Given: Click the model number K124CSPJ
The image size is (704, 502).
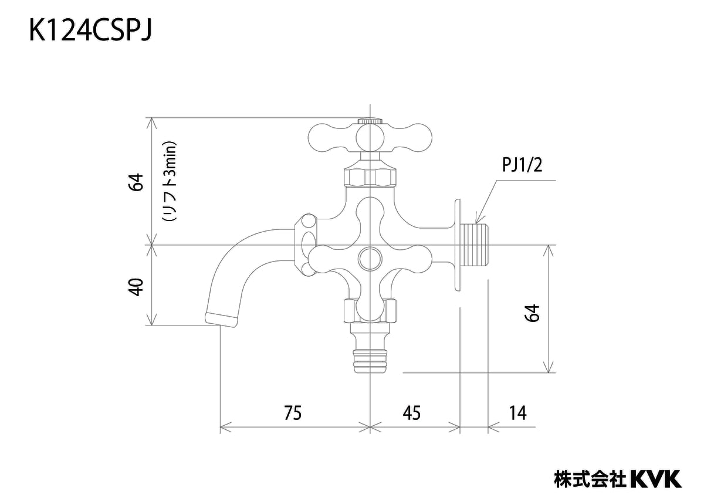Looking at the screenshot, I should tap(91, 32).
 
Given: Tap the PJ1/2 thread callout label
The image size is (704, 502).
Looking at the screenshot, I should tap(522, 166).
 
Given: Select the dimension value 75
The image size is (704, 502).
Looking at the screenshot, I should tap(292, 413).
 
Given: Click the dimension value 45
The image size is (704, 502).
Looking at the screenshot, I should tap(412, 413).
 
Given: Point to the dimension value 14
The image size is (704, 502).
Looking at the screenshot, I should tap(517, 413).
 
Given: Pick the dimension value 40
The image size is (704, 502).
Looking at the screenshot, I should tap(136, 287).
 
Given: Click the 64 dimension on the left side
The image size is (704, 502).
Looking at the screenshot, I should tap(136, 182).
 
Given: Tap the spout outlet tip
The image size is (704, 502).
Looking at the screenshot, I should tap(221, 318).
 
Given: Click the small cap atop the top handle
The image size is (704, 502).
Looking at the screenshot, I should tap(370, 121).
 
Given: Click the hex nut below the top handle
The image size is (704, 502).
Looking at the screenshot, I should tap(370, 177).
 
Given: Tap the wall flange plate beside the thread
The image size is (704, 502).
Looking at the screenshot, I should tap(456, 245).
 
